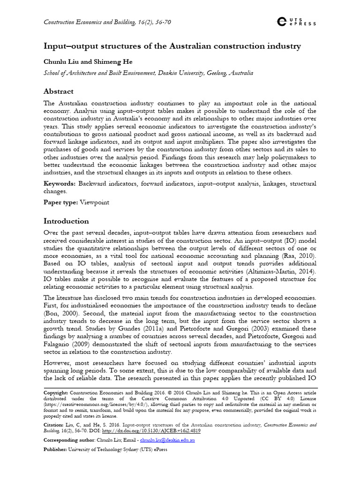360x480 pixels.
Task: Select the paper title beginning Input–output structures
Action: click(x=172, y=46)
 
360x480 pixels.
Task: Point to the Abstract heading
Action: click(x=59, y=91)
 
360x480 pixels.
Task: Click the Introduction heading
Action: click(x=66, y=221)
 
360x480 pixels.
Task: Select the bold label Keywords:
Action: click(x=60, y=184)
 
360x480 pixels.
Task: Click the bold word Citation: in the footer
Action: click(x=54, y=425)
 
